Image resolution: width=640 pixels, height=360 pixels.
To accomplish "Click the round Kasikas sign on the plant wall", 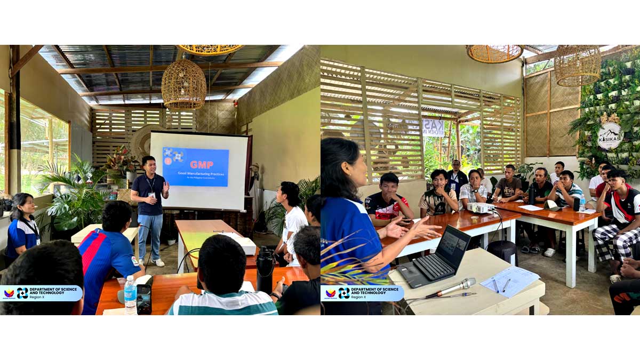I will [x=610, y=134].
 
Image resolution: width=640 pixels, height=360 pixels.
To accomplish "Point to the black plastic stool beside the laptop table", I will [x=502, y=251].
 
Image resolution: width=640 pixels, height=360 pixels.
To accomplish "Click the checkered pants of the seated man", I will [x=613, y=243].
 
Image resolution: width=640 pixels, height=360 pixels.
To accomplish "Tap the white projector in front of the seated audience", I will [x=480, y=207].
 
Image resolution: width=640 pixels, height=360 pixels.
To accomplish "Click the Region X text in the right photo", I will [x=358, y=297].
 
